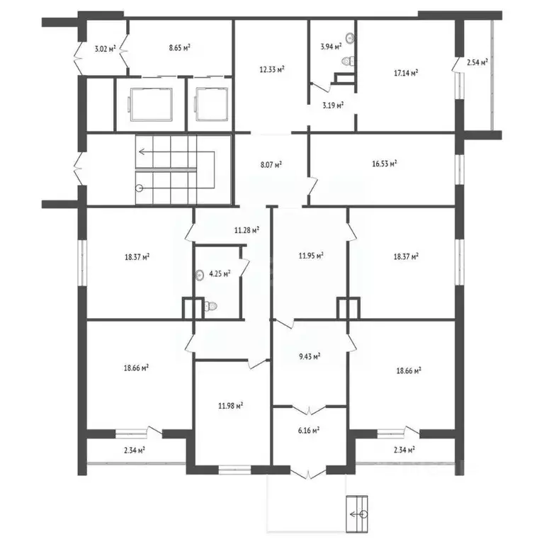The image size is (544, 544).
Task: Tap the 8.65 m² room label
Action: click(x=179, y=48)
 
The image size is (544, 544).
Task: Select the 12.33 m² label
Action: click(x=271, y=69)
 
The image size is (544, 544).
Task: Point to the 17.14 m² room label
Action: click(x=405, y=72)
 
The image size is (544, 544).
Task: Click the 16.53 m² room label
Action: click(x=384, y=163)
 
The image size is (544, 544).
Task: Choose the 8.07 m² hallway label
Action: click(x=271, y=164)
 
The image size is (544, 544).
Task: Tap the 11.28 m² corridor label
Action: click(x=246, y=229)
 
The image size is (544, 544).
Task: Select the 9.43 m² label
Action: click(x=310, y=357)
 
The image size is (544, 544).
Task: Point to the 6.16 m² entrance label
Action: click(x=308, y=429)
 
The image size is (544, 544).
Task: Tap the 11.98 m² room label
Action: click(x=231, y=406)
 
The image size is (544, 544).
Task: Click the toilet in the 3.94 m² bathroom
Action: click(x=346, y=62)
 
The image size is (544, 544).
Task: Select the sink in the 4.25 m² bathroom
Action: click(x=201, y=277)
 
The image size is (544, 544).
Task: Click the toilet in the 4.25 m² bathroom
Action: click(x=210, y=306)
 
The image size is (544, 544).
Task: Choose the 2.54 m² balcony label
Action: click(x=477, y=62)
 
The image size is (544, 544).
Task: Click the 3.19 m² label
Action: click(x=333, y=106)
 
